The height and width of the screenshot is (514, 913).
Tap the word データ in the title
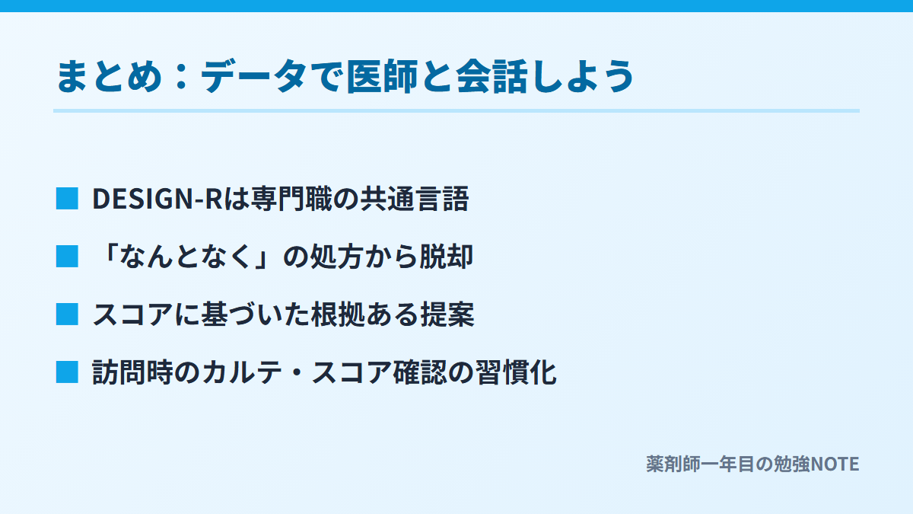click(253, 76)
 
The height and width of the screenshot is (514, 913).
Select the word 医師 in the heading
click(382, 76)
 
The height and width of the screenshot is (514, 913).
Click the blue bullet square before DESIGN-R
click(67, 199)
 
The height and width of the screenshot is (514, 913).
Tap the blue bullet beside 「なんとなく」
click(67, 257)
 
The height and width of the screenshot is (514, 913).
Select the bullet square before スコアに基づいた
click(67, 314)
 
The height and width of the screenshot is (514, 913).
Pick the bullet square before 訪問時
click(67, 372)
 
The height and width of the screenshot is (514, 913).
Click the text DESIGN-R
click(157, 199)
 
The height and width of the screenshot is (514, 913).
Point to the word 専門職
click(291, 199)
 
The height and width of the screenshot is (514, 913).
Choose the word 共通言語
click(415, 199)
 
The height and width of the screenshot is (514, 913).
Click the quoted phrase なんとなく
click(185, 257)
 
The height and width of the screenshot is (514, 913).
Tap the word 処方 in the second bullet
click(336, 257)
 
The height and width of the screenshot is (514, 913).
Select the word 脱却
click(447, 257)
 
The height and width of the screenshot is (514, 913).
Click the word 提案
click(447, 314)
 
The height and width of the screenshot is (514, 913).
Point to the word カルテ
click(242, 372)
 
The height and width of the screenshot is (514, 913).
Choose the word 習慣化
click(516, 372)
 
